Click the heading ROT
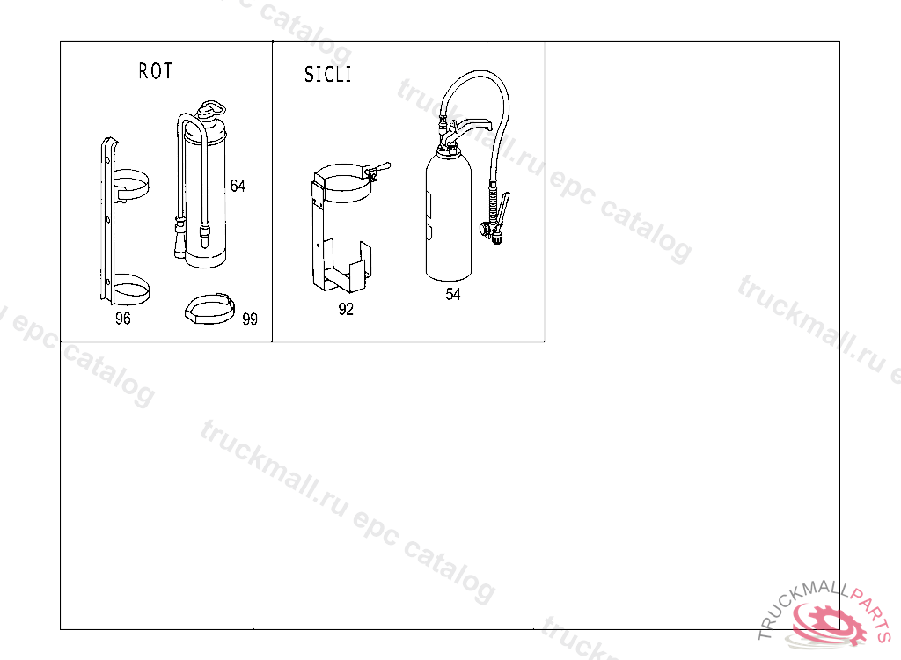coord(155,70)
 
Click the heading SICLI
coord(327,74)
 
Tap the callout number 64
coord(238,186)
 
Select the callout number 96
coord(123,319)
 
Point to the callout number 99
coord(250,319)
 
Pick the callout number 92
coord(346,309)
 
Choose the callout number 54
coord(453,294)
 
